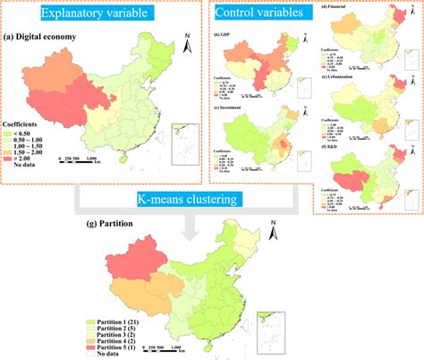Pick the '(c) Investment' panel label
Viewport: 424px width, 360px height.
232,107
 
